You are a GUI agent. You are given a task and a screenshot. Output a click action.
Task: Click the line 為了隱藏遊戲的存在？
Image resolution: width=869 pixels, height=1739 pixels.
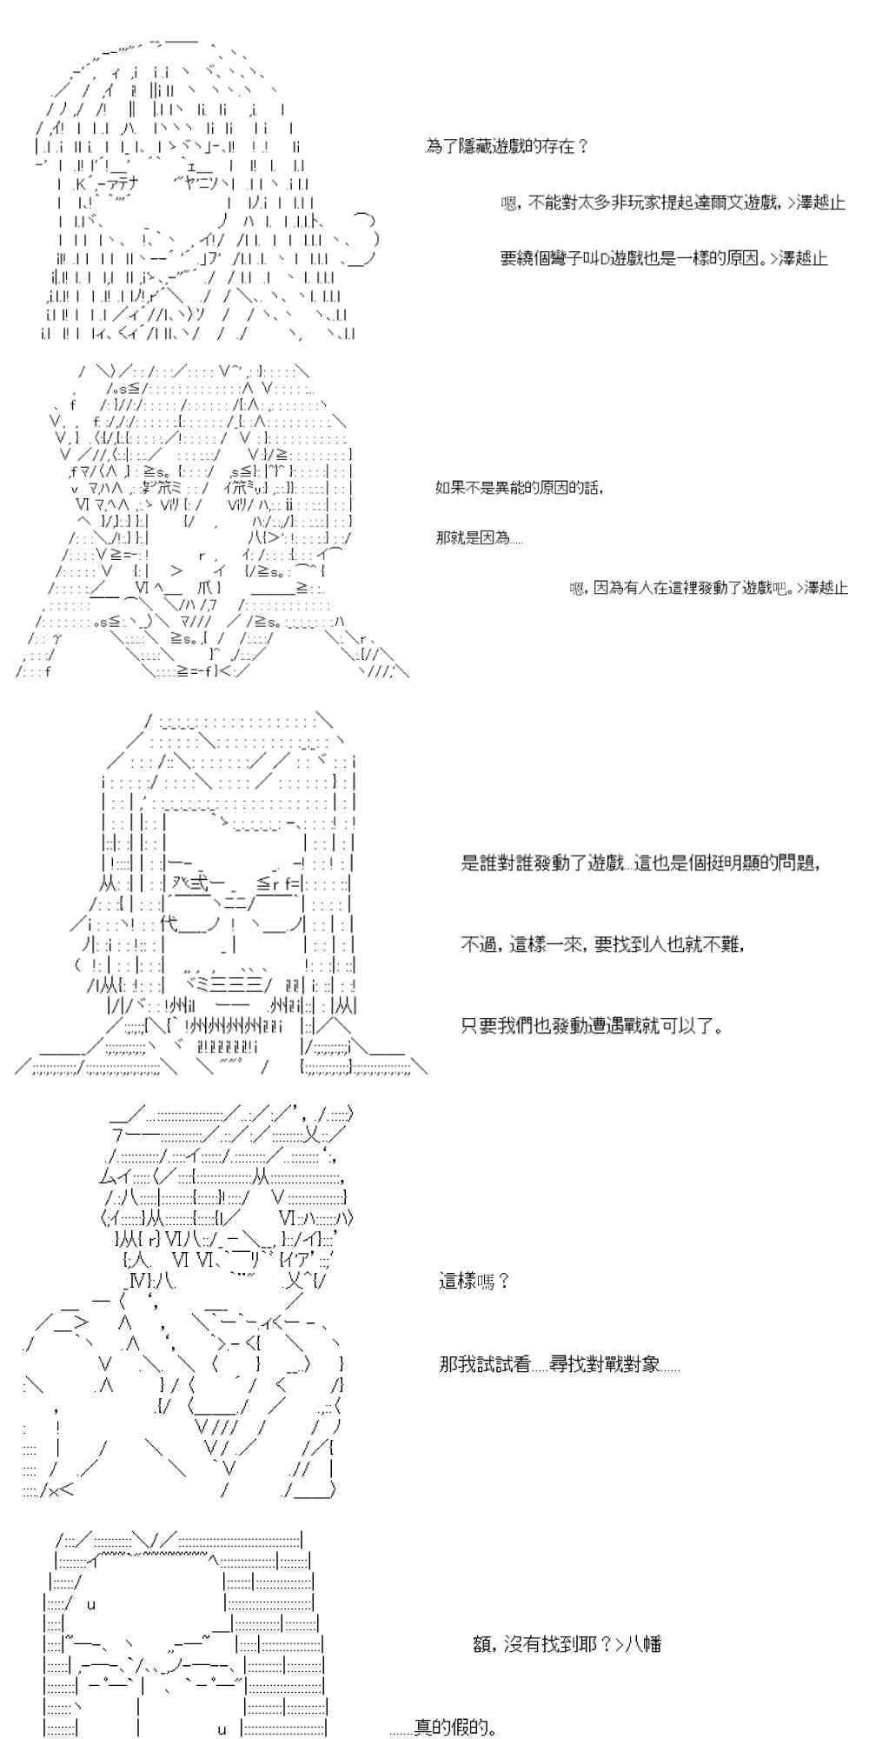click(507, 147)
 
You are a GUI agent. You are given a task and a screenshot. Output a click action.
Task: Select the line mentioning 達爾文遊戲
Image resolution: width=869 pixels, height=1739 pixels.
click(673, 203)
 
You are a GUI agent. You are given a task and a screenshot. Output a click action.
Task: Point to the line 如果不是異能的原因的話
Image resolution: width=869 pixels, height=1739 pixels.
click(520, 488)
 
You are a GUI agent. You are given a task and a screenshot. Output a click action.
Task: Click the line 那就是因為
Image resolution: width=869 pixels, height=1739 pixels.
click(480, 538)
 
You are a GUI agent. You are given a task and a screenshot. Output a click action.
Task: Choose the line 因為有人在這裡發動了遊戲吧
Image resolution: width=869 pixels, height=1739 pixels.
click(708, 589)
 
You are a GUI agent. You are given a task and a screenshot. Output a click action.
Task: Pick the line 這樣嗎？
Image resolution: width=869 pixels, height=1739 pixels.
click(474, 1281)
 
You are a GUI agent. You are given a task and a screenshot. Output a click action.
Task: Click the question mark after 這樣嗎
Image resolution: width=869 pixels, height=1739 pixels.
click(503, 1281)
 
